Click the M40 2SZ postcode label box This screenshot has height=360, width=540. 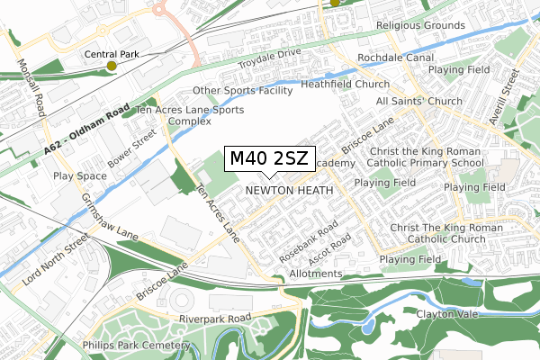click(x=269, y=159)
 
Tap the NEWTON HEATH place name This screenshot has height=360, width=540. click(x=289, y=191)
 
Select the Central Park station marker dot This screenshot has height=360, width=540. click(x=112, y=66)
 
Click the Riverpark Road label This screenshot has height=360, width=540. click(x=215, y=319)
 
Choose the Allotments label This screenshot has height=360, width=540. click(x=316, y=274)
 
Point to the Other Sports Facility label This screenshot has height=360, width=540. click(x=243, y=91)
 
